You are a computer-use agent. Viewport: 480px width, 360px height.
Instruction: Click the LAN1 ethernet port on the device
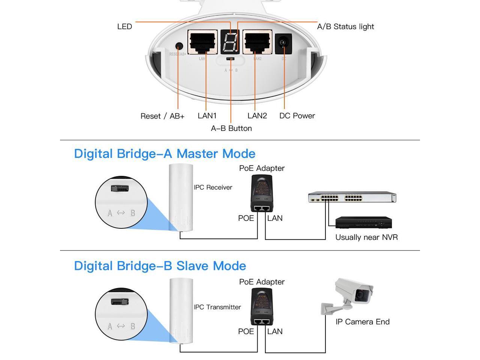202,42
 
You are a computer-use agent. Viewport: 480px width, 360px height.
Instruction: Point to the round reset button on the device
179,46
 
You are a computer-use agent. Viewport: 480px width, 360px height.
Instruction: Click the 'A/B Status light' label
345,27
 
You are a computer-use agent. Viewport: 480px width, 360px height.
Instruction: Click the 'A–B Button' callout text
231,128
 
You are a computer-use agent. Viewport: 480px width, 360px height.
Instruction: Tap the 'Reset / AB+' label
162,116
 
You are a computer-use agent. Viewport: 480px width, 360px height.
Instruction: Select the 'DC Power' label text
297,116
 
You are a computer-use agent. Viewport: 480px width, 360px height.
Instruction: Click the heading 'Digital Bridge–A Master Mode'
165,154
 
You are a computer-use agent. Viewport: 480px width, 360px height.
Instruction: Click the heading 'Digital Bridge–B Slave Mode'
160,266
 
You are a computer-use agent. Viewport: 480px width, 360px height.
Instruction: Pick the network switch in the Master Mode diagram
352,197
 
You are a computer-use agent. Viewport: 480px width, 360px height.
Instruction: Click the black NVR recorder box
363,222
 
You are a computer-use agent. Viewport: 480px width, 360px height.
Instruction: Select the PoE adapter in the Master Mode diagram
262,193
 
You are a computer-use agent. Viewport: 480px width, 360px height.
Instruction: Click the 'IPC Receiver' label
213,187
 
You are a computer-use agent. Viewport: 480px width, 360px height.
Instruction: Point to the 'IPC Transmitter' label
217,307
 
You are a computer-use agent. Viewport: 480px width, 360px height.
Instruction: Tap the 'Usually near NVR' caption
366,237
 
